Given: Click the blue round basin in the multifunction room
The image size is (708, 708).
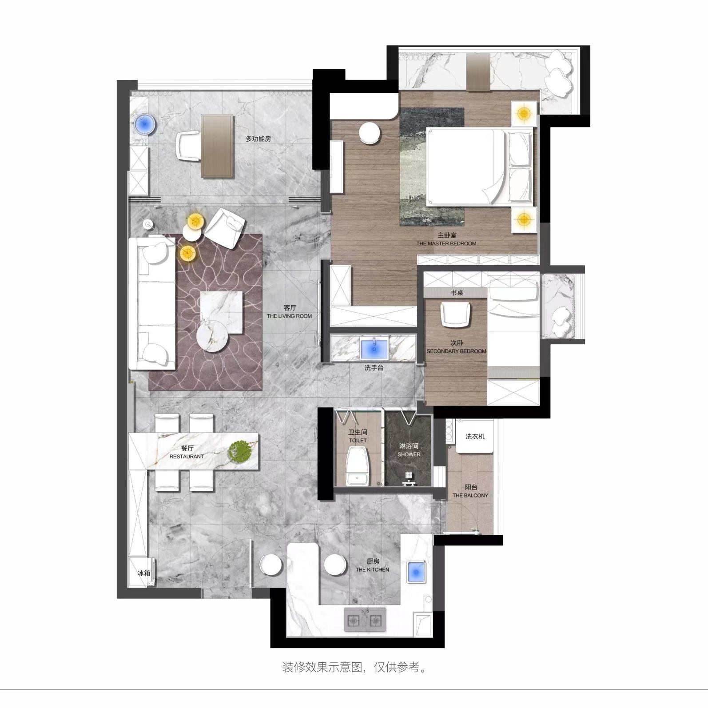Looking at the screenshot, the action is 145,124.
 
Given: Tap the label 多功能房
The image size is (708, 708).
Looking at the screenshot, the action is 258,139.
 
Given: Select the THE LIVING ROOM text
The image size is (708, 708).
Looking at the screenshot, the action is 289,316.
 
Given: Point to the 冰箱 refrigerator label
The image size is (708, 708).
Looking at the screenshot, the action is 144,573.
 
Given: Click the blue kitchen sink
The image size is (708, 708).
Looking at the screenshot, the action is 417,573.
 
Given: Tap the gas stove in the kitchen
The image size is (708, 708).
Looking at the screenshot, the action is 365,619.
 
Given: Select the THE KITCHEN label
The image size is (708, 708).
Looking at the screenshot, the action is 372,569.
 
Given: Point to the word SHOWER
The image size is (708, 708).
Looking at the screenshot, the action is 409,454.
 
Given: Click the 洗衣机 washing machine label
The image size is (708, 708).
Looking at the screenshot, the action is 475,437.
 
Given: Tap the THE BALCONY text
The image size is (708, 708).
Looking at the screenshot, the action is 470,495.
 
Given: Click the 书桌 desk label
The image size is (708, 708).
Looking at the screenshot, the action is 457,293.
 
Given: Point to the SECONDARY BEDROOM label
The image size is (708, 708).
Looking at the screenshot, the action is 457,351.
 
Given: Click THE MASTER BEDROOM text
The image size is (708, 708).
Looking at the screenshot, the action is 446,243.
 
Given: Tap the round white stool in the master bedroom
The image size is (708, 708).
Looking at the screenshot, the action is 370,133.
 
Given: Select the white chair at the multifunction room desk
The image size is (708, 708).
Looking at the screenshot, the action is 188,146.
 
